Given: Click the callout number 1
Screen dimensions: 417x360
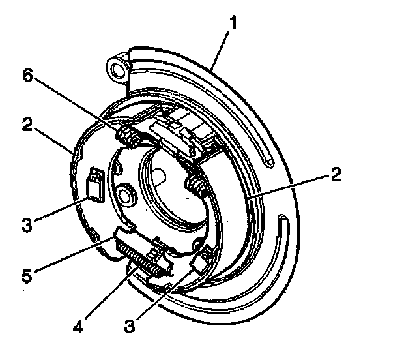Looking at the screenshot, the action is [233, 23].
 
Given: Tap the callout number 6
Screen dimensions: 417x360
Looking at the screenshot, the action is [28, 75].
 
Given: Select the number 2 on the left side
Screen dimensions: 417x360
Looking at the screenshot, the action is [27, 125].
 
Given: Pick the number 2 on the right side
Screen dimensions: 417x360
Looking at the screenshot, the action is [336, 174].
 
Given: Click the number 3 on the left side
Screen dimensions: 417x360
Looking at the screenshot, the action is [27, 224].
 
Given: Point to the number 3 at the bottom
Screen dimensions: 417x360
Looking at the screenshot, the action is [130, 325].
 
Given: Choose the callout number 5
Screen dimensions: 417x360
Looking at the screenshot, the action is [27, 275].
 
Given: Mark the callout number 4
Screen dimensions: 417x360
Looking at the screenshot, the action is [78, 326].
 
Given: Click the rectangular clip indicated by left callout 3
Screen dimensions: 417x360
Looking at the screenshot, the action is [94, 185].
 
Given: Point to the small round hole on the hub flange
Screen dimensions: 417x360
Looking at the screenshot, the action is [124, 196].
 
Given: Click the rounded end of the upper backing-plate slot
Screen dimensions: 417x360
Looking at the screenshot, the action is [269, 162].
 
